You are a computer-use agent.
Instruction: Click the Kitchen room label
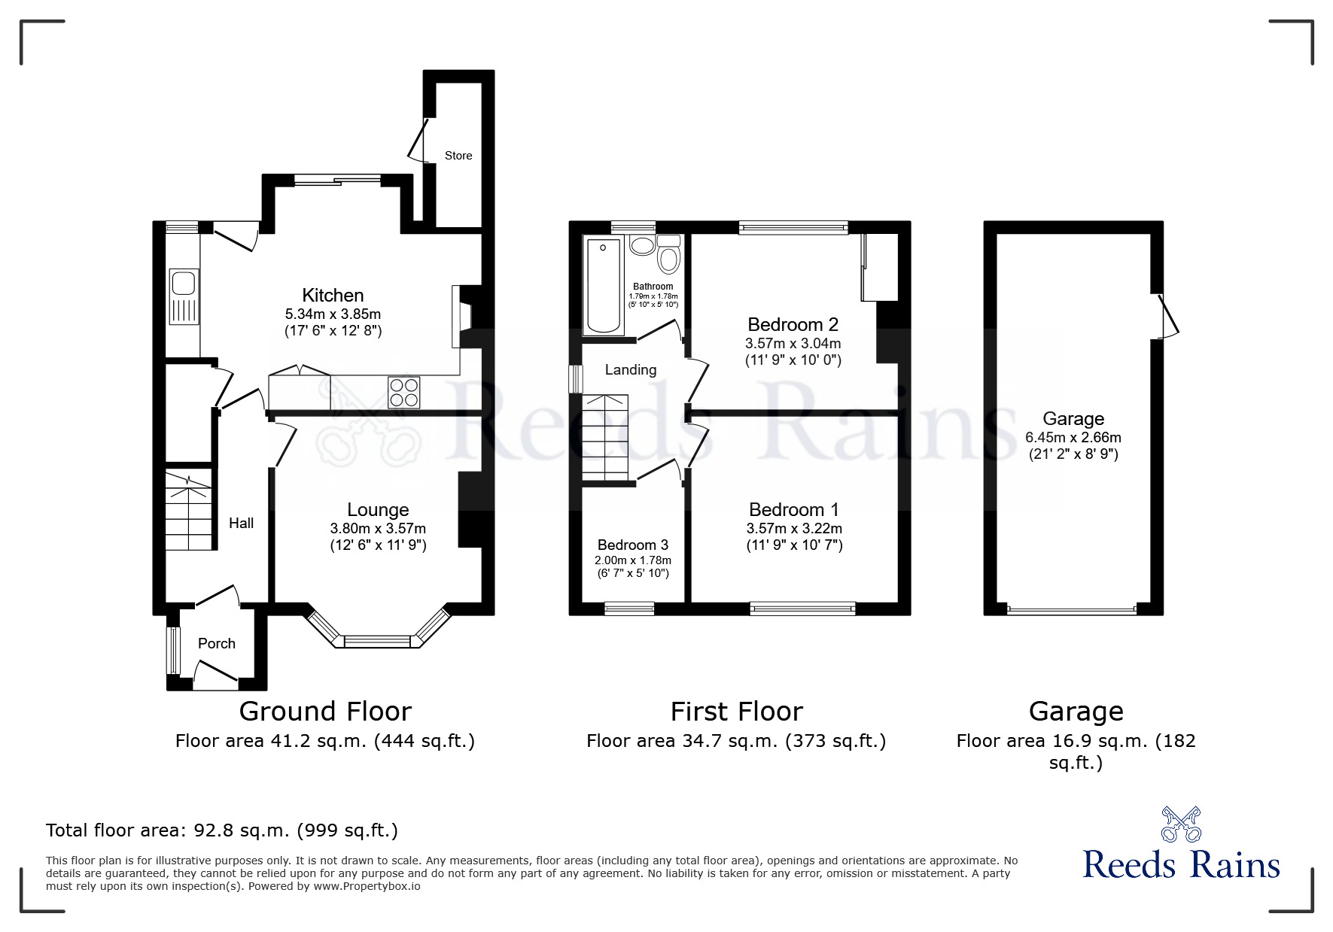333,295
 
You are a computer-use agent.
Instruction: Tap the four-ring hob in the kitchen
404,392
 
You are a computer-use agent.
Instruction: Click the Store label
458,156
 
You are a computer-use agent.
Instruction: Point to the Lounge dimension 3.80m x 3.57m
378,528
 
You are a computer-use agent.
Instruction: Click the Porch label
217,643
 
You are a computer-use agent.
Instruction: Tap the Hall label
241,523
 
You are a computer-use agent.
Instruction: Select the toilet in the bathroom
668,256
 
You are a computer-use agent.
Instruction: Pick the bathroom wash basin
642,245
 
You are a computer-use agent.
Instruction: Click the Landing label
630,369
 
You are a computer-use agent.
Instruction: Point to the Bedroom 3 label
632,545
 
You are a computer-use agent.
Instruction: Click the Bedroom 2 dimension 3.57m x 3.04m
793,343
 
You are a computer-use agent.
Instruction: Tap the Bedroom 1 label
793,509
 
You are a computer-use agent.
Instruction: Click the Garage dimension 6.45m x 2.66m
1073,437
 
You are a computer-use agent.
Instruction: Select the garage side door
1168,316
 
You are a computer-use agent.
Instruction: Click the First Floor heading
736,711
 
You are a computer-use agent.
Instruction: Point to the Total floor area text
222,830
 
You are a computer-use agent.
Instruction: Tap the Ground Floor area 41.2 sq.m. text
325,741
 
